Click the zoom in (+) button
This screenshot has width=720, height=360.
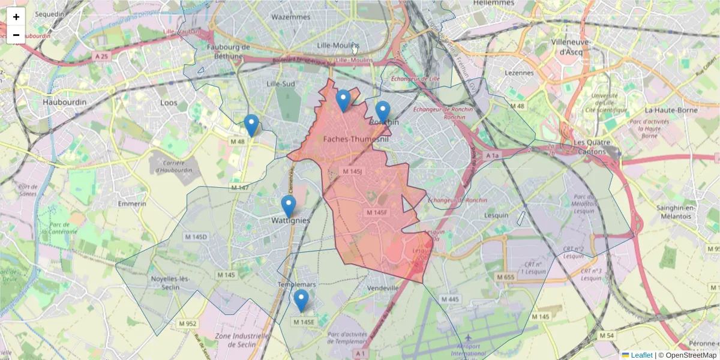16,17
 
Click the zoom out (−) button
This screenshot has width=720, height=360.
16,35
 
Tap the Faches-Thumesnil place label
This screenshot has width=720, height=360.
356,139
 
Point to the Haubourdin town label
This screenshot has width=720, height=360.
65,103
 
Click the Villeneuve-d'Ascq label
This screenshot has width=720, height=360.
571,47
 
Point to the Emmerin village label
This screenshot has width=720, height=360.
133,203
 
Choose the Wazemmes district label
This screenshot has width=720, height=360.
291,17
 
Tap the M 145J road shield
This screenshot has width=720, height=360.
352,172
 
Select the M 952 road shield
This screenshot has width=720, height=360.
187,323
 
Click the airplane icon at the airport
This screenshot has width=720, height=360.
468,337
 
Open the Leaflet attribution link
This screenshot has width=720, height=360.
641,355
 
